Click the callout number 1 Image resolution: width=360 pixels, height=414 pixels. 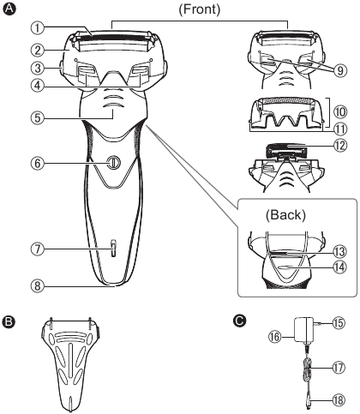tap(38, 28)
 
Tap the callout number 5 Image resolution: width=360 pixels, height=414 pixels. tap(38, 118)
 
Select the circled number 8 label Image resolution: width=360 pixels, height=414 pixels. tap(38, 285)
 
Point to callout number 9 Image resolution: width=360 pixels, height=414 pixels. tap(340, 70)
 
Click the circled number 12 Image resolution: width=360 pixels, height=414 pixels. tap(340, 146)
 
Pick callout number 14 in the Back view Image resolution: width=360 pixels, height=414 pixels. tap(340, 267)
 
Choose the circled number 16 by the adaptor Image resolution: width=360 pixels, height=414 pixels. tap(275, 337)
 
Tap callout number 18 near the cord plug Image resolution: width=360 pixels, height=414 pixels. tap(339, 399)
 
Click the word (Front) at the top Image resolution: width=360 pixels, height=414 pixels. tap(200, 9)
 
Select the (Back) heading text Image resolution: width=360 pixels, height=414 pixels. tap(285, 215)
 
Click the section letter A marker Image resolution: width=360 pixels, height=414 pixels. tap(9, 9)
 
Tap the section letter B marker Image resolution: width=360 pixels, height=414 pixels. tap(9, 321)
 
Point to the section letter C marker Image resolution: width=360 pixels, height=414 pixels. tap(239, 321)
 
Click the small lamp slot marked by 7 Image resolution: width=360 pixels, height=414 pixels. tap(113, 249)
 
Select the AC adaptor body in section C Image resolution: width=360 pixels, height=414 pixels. tap(303, 331)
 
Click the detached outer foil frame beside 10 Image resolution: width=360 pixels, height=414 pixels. tap(285, 113)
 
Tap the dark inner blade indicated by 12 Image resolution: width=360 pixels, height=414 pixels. tap(286, 150)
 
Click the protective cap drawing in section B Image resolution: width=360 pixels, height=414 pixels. tap(70, 363)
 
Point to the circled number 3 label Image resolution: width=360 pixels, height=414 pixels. tap(38, 69)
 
